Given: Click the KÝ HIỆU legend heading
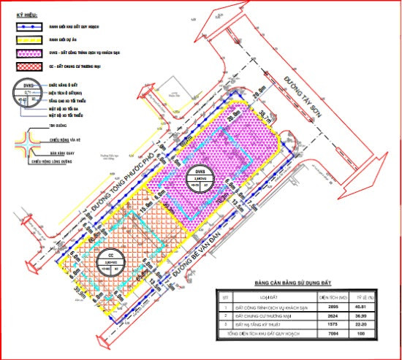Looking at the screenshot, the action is [x=20, y=14].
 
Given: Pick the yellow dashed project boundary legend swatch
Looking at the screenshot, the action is [x=28, y=39].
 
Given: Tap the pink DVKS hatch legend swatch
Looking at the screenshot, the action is [x=28, y=53].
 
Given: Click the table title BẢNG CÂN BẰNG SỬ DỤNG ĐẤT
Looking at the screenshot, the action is [x=292, y=281].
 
